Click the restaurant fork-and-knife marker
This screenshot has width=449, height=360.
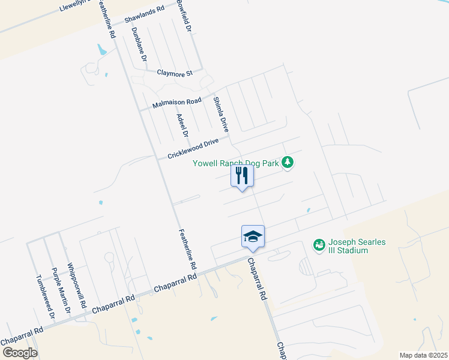coord(242,176)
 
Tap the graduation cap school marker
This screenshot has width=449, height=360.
coord(253,236)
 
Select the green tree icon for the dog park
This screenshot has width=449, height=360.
coord(288,162)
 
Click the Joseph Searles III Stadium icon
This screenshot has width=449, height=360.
coord(319,244)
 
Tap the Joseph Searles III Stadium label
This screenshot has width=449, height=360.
coord(357,246)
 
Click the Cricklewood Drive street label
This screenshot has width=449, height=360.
coord(193,148)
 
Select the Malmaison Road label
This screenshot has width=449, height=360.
coord(176,102)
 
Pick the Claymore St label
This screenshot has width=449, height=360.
coord(174,73)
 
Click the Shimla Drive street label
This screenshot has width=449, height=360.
coord(221,114)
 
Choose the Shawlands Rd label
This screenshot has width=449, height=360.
coord(144,15)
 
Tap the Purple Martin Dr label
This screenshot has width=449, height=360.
coord(60,290)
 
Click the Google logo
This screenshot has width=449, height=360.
coord(20,352)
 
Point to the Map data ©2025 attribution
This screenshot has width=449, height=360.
coord(423,355)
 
